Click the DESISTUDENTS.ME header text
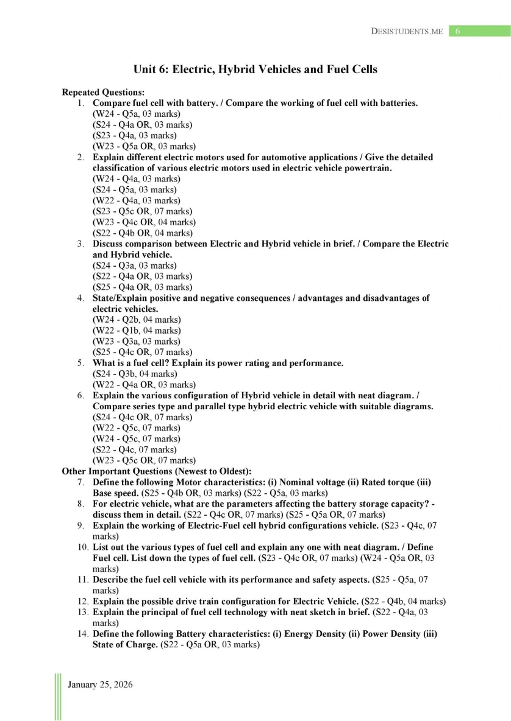point(407,31)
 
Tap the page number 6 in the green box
point(457,31)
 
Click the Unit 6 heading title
point(255,69)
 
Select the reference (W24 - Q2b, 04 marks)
point(136,319)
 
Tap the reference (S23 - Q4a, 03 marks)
point(134,135)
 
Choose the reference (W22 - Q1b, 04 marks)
point(136,330)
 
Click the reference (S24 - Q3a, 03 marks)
point(134,266)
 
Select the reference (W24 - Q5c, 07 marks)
point(136,438)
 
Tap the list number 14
point(84,634)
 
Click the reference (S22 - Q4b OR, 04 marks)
point(143,233)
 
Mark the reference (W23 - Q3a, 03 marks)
point(136,341)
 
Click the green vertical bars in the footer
point(58,696)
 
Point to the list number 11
point(84,580)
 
